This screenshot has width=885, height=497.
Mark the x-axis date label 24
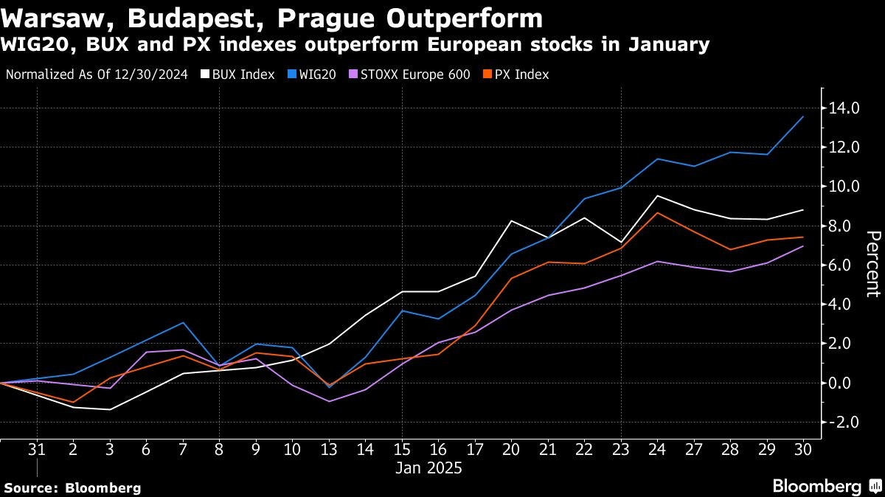(657, 449)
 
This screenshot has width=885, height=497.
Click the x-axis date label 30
(802, 449)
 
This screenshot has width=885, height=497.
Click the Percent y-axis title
(872, 263)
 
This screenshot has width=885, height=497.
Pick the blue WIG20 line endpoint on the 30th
(802, 117)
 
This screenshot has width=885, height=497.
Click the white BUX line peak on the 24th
(657, 196)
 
